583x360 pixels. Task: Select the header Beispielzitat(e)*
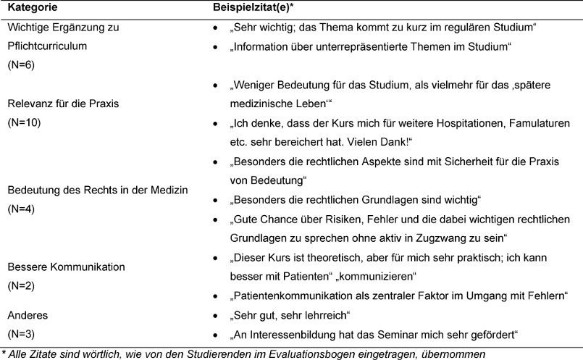click(x=251, y=8)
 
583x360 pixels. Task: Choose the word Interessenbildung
click(x=290, y=333)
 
